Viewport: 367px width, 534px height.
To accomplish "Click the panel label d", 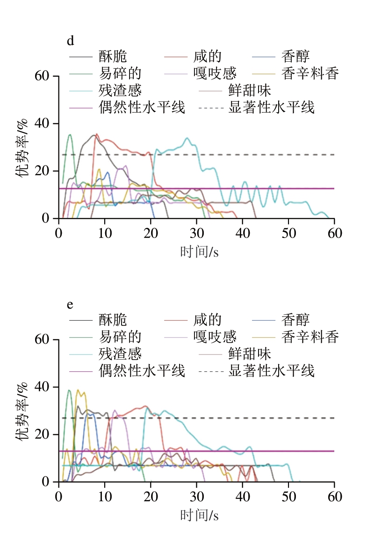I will (70, 41).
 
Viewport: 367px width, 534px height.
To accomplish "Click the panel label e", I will (70, 304).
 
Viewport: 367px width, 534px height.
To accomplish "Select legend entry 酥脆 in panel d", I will (113, 57).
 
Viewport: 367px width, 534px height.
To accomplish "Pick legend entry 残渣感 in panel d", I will (120, 90).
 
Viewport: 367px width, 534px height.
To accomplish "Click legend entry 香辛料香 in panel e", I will (310, 337).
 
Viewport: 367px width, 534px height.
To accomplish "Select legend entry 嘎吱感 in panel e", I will (215, 337).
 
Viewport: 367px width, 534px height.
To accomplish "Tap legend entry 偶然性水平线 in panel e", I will (142, 371).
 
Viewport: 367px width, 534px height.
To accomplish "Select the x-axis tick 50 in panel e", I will (288, 496).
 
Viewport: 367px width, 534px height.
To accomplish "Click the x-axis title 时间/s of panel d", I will (200, 252).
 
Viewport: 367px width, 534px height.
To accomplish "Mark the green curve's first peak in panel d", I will (70, 135).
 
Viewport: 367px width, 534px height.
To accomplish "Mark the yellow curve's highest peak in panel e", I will (78, 390).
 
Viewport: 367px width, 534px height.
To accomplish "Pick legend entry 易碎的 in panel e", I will (120, 337).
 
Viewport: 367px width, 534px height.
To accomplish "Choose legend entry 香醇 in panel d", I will (295, 57).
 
